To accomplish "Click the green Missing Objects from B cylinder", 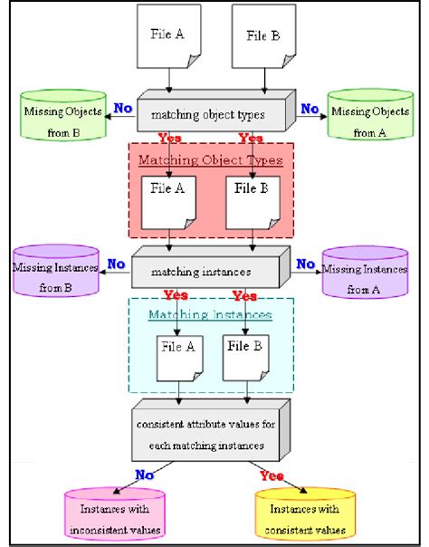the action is click(x=63, y=116).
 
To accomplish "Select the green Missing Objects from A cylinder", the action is click(x=370, y=114).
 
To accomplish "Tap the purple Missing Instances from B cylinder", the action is click(x=56, y=271).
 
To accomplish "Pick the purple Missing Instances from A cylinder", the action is click(x=365, y=273).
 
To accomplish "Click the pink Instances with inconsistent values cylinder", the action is click(x=115, y=513).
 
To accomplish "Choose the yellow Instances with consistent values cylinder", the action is click(x=305, y=513).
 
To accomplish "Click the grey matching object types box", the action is click(x=216, y=110).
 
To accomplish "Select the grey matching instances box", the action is click(x=211, y=267).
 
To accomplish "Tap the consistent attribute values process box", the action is click(x=211, y=430).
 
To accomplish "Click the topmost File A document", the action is click(x=168, y=36).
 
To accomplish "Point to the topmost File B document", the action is click(x=263, y=36).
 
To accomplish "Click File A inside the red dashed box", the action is click(x=168, y=203).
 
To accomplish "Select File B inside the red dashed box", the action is click(x=253, y=203).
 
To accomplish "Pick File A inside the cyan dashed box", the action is click(x=179, y=359).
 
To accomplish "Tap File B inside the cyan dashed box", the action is click(x=245, y=358).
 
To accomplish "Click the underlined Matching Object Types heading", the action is click(x=211, y=160).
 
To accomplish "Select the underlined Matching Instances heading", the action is click(x=210, y=314).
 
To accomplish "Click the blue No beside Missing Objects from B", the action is click(x=123, y=108).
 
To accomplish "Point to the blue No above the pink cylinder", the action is click(x=144, y=475).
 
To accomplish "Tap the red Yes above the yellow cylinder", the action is click(x=272, y=475).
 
